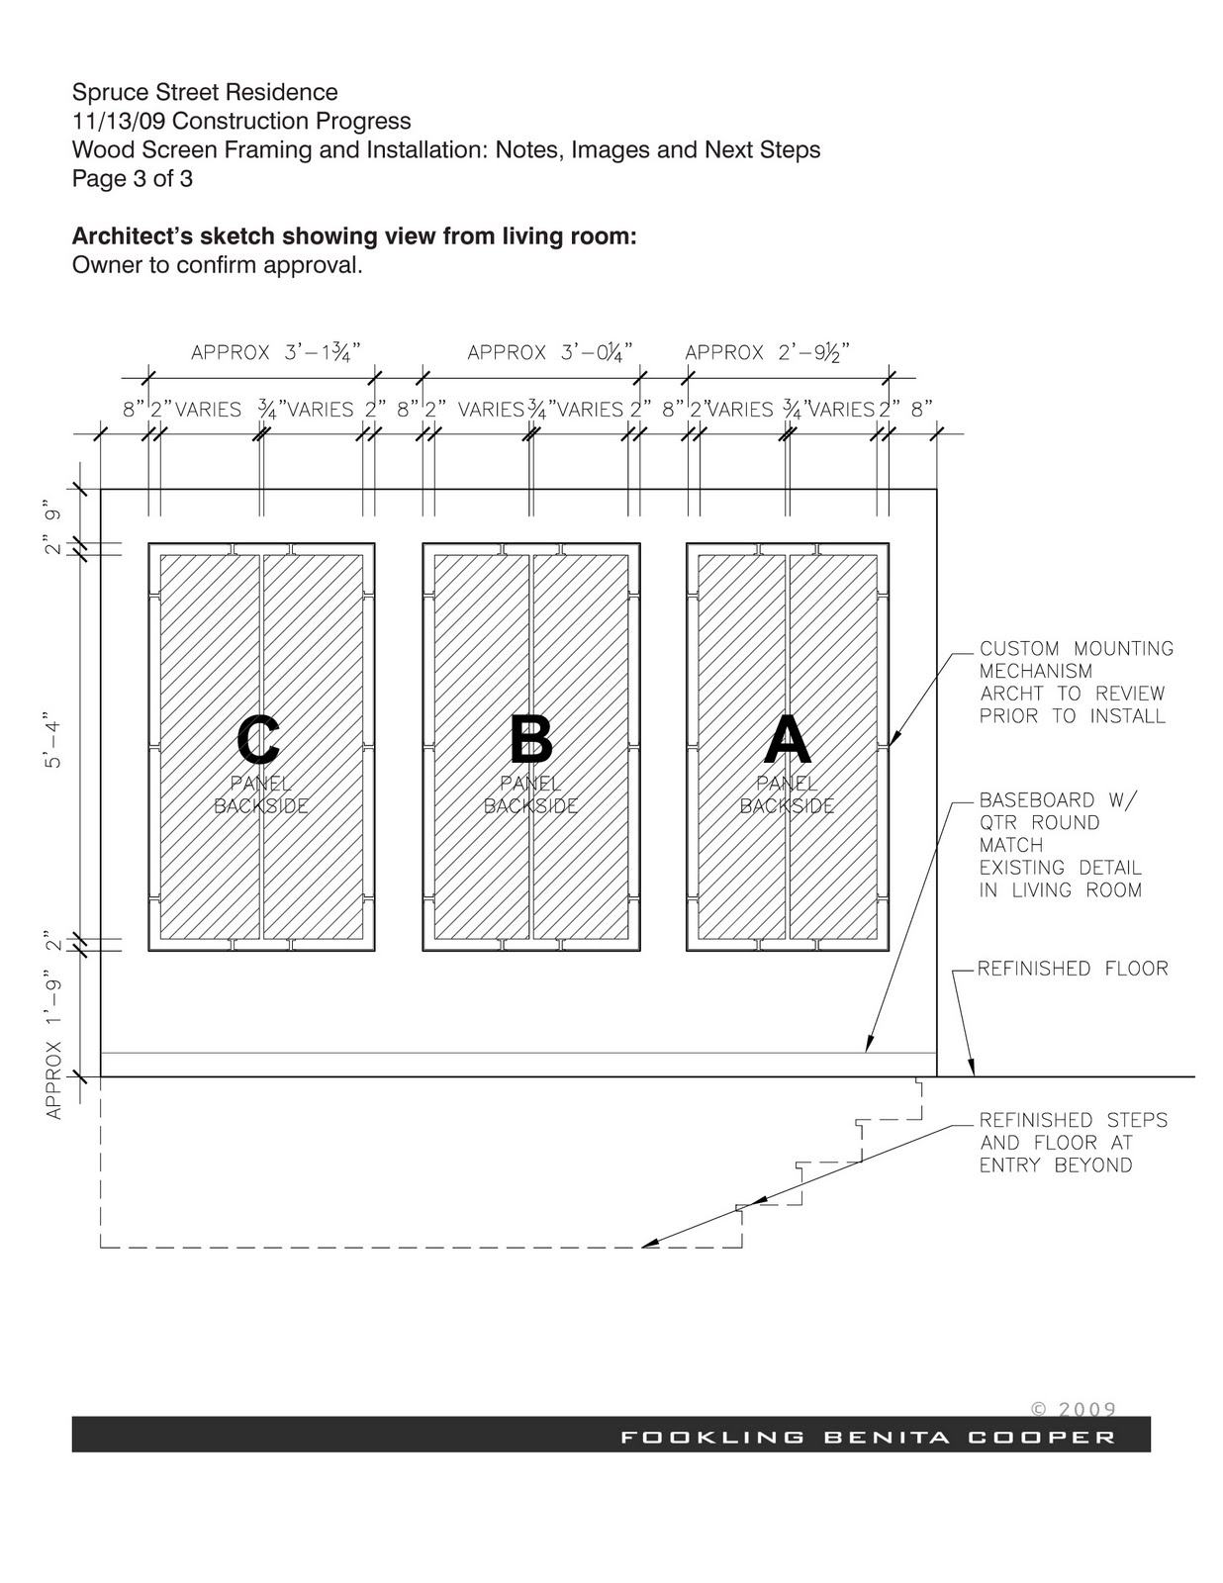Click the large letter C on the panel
click(258, 740)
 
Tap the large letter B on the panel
click(530, 740)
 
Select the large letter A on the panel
click(788, 740)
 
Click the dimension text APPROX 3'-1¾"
click(275, 352)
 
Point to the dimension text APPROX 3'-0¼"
click(549, 352)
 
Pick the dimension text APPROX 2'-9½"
click(768, 352)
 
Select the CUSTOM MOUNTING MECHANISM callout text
click(1076, 682)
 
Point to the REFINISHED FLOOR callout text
click(1073, 969)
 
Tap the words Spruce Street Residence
click(205, 93)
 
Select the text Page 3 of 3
click(133, 179)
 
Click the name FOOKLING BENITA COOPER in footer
click(868, 1438)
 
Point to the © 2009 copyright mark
click(1074, 1409)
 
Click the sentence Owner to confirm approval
click(218, 265)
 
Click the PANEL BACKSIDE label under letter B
click(530, 794)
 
